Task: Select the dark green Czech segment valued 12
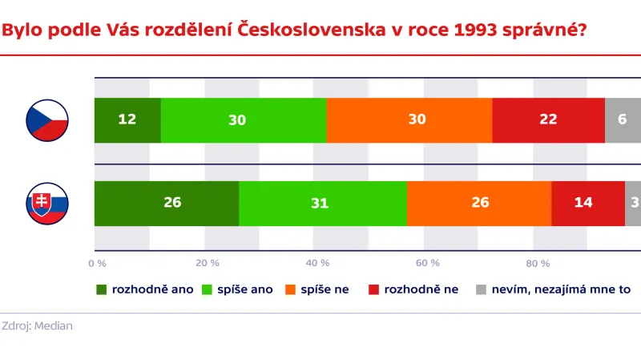[127, 120]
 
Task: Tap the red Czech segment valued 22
[548, 120]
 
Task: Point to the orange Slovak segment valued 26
[479, 204]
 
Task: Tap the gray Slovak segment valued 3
[633, 204]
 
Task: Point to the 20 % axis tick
[208, 263]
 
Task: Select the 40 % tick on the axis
[318, 263]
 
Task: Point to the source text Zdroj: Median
[37, 326]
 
